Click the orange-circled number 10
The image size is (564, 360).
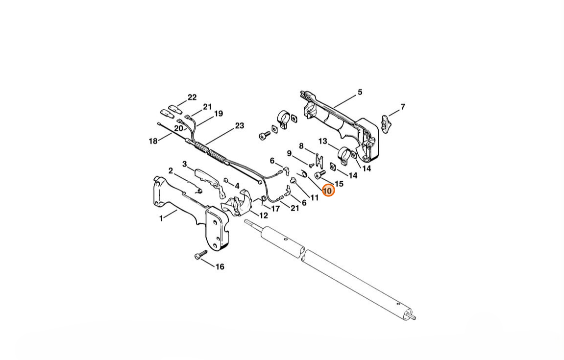(x=328, y=191)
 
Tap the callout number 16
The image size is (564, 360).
(x=220, y=266)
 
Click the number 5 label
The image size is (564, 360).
(x=360, y=93)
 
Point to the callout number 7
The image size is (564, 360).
(x=403, y=107)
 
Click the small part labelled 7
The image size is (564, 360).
(x=386, y=123)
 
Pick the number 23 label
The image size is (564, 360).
(x=240, y=125)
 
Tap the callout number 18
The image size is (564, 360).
(x=153, y=141)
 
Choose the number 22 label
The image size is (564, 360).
(x=192, y=97)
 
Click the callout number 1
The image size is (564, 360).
(x=161, y=218)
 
